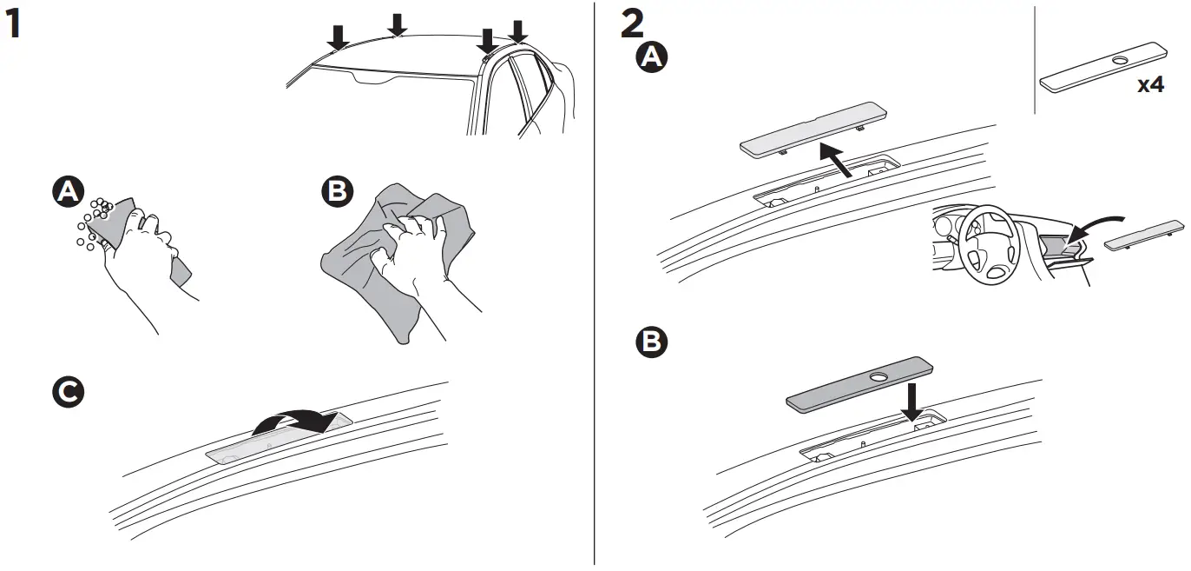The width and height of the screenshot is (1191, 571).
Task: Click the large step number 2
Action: [633, 24]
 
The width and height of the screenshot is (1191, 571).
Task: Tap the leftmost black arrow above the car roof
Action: [338, 37]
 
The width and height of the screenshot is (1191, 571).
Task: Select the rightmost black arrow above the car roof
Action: [518, 32]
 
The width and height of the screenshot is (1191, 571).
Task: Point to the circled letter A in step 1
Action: [64, 193]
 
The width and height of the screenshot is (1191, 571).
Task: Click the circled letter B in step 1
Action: [336, 193]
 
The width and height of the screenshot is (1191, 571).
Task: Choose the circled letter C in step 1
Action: [66, 393]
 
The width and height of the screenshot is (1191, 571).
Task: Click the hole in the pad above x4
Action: [1118, 60]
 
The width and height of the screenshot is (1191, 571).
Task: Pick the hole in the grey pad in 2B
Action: [879, 377]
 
